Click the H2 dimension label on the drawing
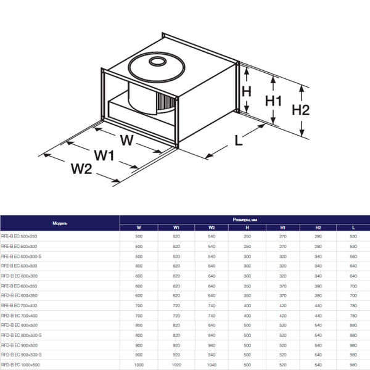(x=300, y=110)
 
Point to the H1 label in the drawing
(x=273, y=101)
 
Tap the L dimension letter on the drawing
(x=239, y=139)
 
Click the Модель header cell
(x=60, y=222)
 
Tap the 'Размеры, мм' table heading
(x=244, y=219)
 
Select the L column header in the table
(x=353, y=228)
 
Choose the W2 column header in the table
(x=212, y=228)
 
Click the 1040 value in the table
(x=212, y=364)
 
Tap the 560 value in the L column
(x=353, y=256)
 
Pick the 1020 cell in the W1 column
(x=176, y=364)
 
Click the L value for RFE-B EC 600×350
(x=353, y=286)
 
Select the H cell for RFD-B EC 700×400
(x=247, y=315)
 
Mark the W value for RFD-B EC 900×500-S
(x=138, y=355)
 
